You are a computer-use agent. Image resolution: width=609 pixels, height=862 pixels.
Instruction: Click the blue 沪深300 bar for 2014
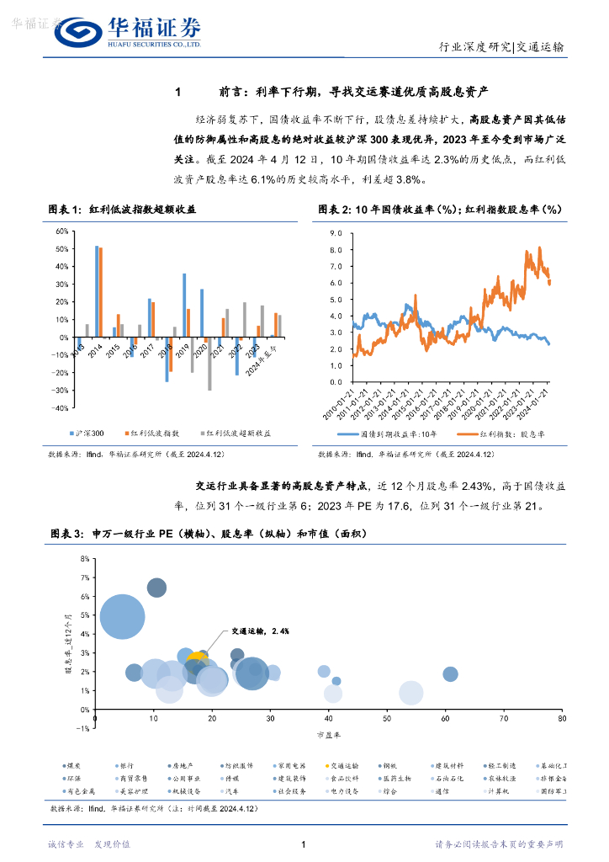97,291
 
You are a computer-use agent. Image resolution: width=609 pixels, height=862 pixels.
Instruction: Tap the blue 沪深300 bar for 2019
184,306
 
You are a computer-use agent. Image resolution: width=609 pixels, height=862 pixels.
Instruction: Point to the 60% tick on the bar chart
61,231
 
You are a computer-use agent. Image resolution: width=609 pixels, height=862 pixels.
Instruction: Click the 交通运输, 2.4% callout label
254,631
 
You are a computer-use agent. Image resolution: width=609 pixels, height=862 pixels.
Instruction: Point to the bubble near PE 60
450,673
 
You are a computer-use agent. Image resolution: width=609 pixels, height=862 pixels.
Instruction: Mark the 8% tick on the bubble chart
83,558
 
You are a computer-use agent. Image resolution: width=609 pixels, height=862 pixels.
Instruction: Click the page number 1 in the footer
302,844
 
